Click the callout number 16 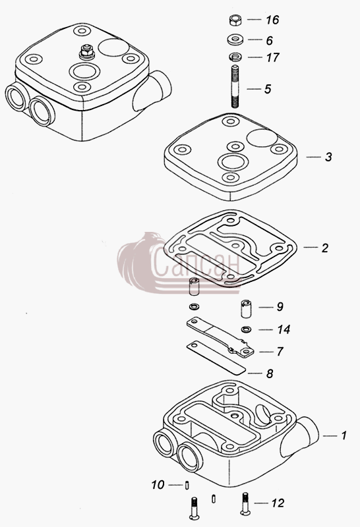272,20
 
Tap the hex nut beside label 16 235,20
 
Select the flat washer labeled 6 235,40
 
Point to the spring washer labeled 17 235,57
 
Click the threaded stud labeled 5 235,87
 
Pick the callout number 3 328,157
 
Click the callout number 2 324,248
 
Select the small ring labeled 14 247,329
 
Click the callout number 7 280,352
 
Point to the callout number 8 270,374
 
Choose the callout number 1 344,435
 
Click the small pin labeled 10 187,485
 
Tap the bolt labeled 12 245,503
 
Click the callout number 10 158,485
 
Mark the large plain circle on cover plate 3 262,137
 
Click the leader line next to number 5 255,89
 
